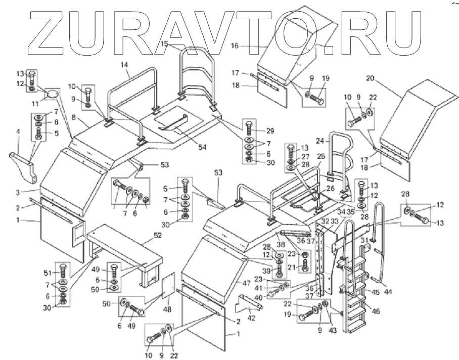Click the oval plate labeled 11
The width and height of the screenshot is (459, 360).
point(52,95)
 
